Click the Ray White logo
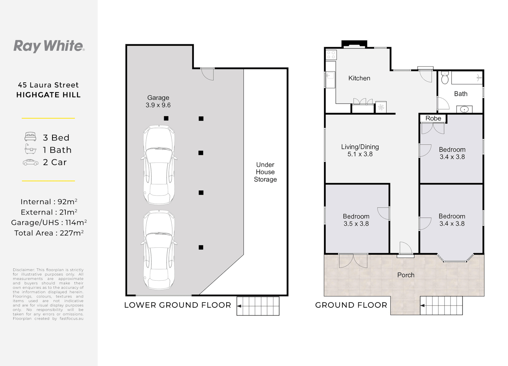49,46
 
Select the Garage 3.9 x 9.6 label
158,101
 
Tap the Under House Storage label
265,172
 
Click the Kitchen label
359,78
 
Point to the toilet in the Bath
445,78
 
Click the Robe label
433,118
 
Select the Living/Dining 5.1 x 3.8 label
360,150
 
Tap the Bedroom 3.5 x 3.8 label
356,220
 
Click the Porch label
406,275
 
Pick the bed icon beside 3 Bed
30,137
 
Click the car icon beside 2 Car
30,163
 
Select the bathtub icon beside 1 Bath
30,149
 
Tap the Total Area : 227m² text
49,233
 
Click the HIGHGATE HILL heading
48,95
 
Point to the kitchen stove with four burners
331,55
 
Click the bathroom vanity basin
464,109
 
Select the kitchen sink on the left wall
330,80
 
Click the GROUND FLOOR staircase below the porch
441,305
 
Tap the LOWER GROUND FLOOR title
177,305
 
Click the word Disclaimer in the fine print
23,270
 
